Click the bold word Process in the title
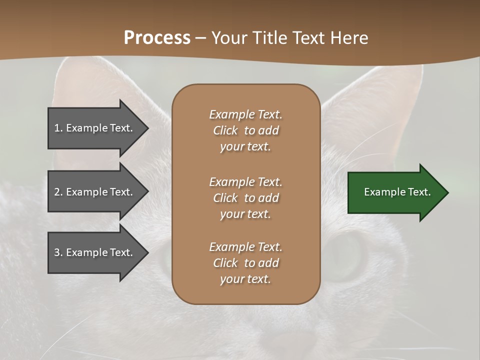pos(157,38)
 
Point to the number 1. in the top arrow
pos(58,128)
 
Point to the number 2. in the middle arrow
pos(58,192)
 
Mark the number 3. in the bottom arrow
pos(58,252)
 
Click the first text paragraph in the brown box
pos(245,130)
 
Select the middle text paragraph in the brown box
pos(245,198)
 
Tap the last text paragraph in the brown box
pos(245,263)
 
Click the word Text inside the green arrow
pos(419,192)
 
